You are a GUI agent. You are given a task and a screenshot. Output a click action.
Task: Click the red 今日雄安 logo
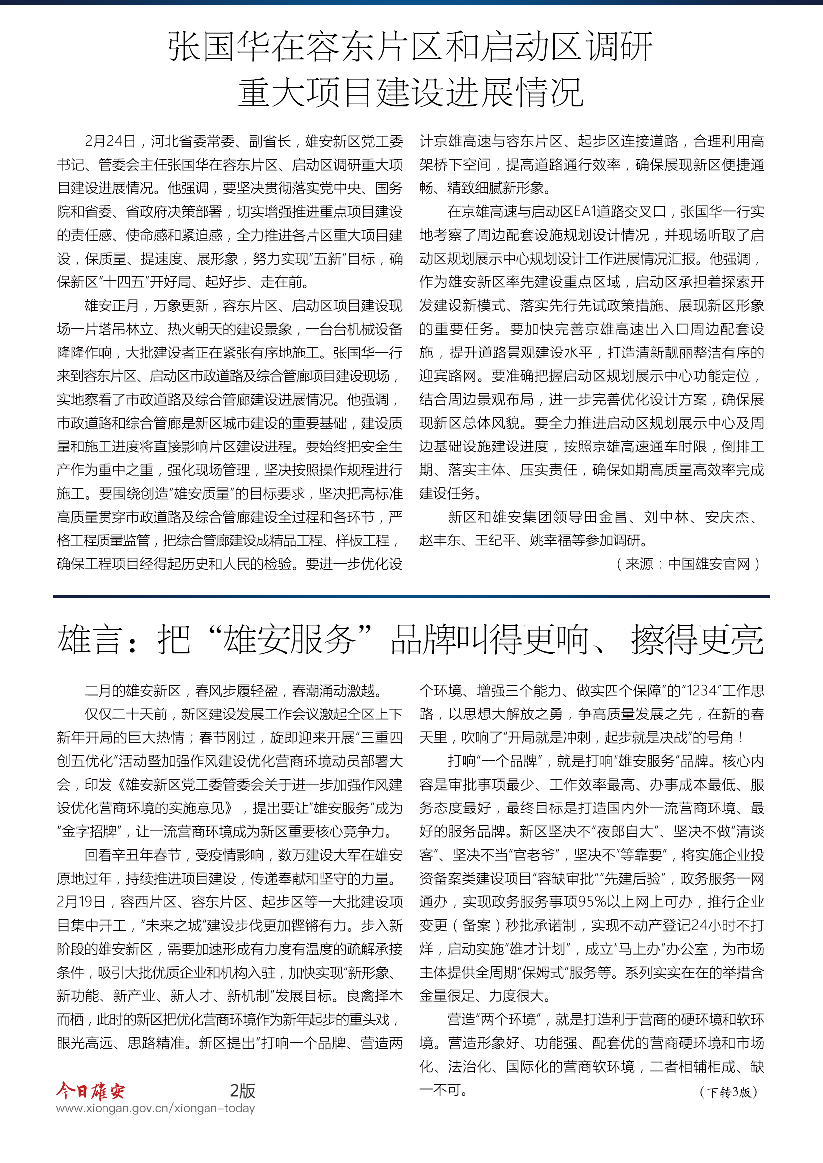click(x=90, y=1090)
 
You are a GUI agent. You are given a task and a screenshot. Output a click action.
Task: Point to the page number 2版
click(x=242, y=1090)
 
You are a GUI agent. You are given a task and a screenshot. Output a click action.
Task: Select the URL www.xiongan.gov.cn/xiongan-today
click(x=156, y=1108)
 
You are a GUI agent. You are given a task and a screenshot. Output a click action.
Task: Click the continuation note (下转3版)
click(x=728, y=1092)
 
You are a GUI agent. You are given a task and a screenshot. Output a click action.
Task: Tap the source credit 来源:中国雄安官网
click(x=688, y=564)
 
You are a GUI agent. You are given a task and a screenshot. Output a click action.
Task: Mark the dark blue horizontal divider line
click(x=411, y=596)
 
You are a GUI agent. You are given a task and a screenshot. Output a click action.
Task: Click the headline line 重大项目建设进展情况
click(x=411, y=92)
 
